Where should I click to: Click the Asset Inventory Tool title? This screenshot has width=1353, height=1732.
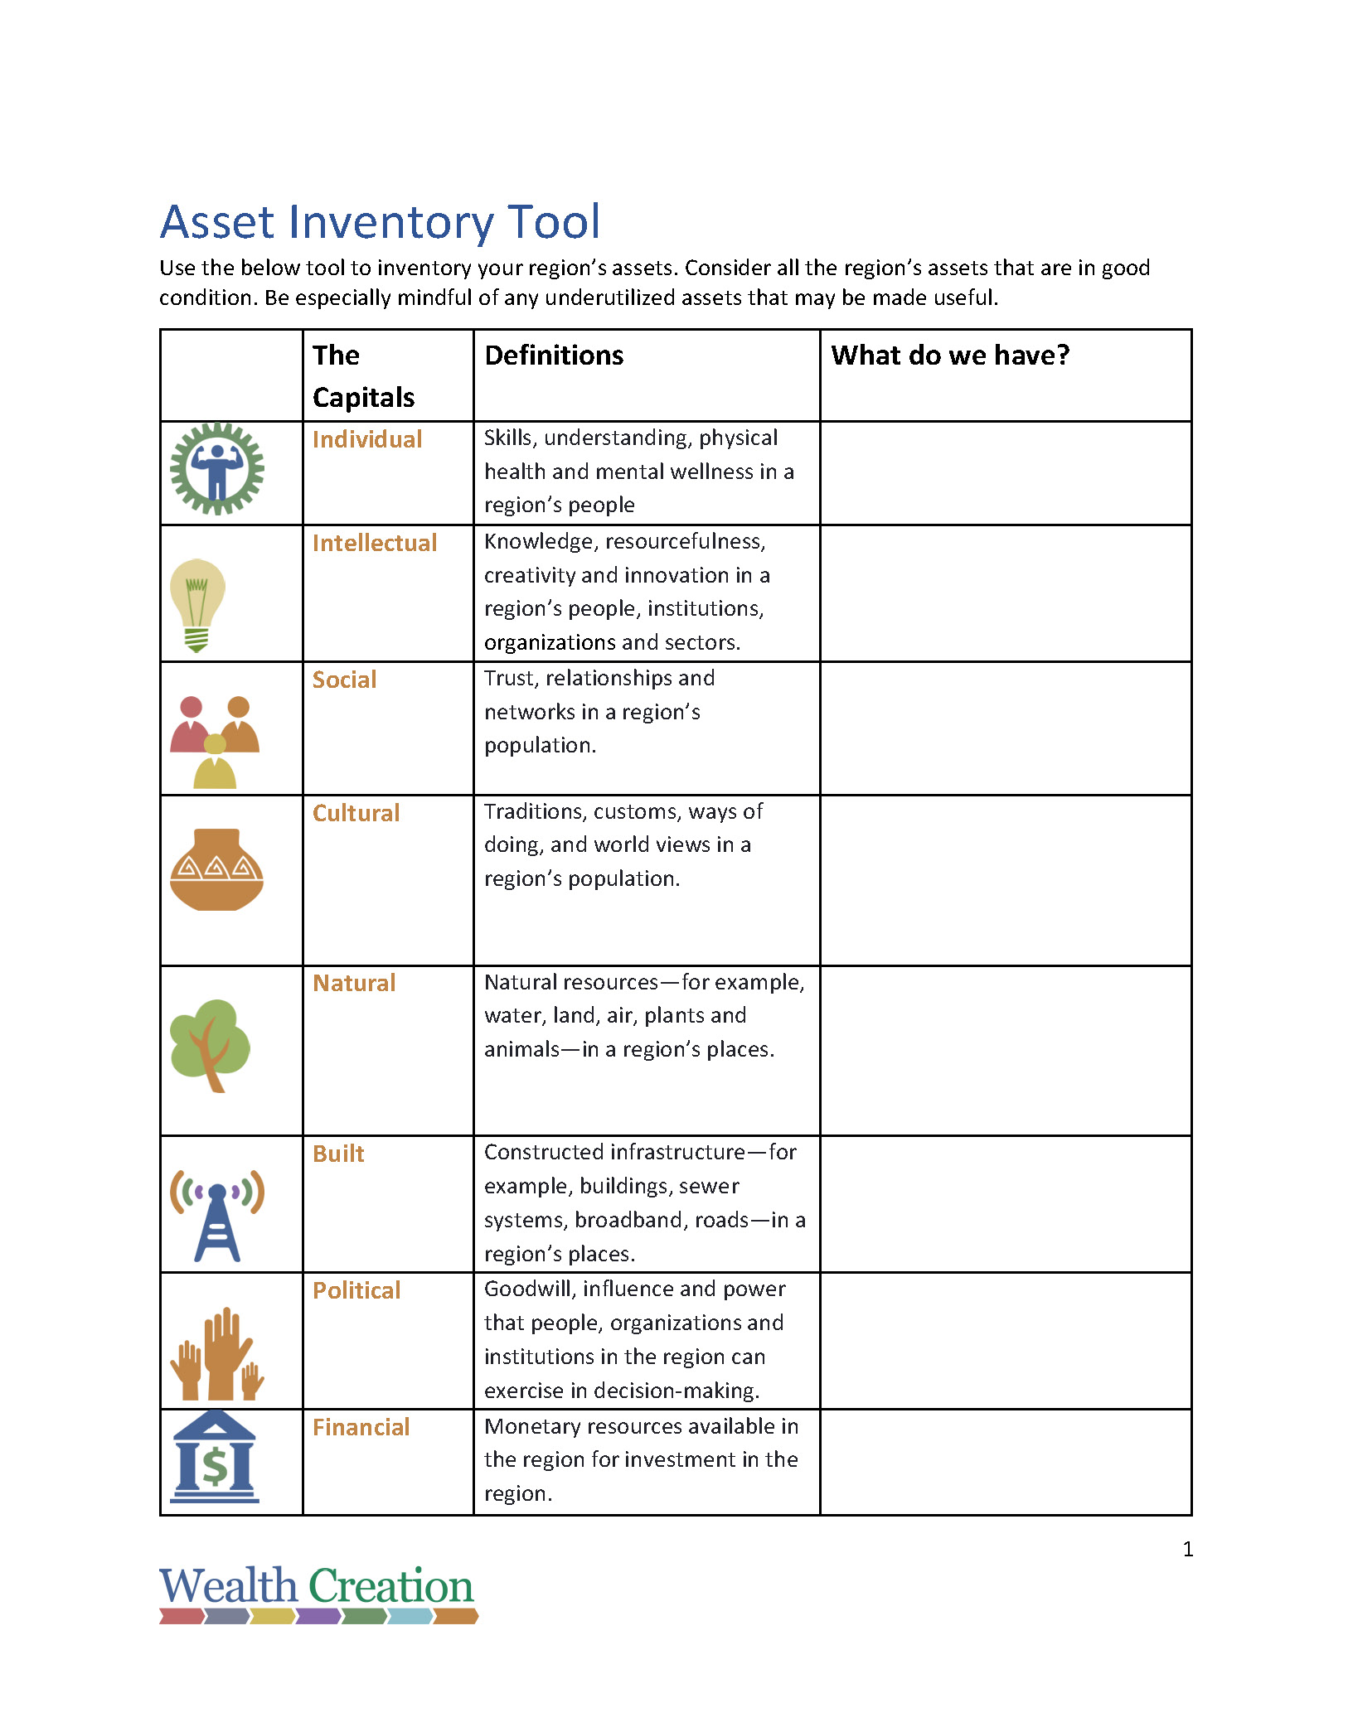coord(380,222)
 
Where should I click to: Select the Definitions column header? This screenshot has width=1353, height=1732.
coord(554,356)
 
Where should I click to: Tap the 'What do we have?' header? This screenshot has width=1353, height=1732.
coord(950,356)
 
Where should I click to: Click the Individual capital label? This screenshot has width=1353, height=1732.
coord(367,439)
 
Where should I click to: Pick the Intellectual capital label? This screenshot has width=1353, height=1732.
coord(375,543)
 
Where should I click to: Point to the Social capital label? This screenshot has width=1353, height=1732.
coord(344,680)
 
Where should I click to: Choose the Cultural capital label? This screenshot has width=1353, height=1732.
coord(356,813)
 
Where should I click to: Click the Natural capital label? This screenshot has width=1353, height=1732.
coord(354,983)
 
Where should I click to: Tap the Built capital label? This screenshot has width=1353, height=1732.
coord(338,1154)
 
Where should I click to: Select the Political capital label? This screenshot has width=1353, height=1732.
coord(356,1290)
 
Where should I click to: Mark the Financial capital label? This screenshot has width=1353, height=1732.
coord(361,1427)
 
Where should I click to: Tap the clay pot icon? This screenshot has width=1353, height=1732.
coord(216,870)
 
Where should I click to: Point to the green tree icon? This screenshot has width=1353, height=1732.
coord(210,1044)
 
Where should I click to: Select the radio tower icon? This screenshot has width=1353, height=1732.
coord(217,1216)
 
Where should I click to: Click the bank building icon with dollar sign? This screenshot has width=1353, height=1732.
coord(215,1459)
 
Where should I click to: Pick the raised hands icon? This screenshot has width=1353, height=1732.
coord(217,1353)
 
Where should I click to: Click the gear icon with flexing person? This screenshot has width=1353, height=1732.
coord(217,469)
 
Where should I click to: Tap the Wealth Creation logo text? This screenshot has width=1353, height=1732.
coord(316,1586)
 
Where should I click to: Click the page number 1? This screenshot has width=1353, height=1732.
coord(1187,1549)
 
